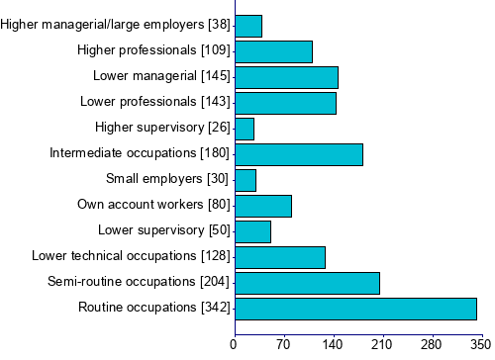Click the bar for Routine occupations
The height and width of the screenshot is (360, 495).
tap(355, 309)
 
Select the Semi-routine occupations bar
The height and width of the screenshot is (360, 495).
tap(307, 283)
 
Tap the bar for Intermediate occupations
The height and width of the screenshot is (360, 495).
tap(298, 154)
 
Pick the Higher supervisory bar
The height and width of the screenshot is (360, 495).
tap(244, 129)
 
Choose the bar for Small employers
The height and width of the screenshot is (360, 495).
tap(246, 180)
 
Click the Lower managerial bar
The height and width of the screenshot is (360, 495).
tap(286, 77)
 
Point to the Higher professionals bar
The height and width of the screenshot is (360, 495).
tap(273, 51)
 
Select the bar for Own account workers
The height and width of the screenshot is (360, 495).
tap(262, 206)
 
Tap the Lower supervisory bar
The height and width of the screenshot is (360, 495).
tap(252, 231)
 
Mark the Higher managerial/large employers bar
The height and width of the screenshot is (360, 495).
tap(248, 26)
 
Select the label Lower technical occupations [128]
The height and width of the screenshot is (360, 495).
tap(131, 256)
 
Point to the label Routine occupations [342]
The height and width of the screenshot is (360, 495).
tap(153, 308)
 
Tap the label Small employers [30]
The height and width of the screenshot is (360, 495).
tap(167, 179)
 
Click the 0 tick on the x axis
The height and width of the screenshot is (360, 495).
tap(235, 345)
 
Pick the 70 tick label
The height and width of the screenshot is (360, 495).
tap(284, 345)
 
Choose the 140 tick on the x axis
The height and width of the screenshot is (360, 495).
tap(334, 345)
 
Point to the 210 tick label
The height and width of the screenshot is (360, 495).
tap(382, 345)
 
